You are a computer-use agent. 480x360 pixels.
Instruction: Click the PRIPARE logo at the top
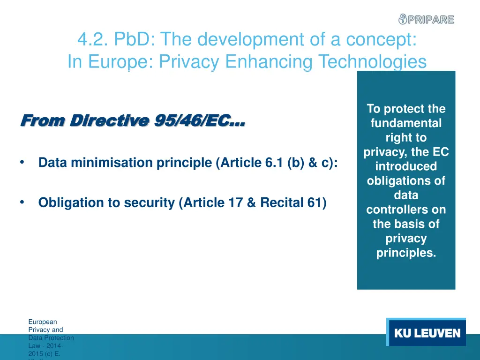pyautogui.click(x=426, y=19)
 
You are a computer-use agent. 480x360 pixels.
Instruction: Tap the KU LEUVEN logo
pyautogui.click(x=427, y=333)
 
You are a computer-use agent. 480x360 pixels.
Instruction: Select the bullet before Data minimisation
pyautogui.click(x=22, y=163)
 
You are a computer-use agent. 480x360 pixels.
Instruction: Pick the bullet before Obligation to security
pyautogui.click(x=22, y=202)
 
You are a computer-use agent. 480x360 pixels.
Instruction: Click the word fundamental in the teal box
pyautogui.click(x=406, y=124)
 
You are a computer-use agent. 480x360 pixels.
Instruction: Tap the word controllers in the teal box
pyautogui.click(x=406, y=210)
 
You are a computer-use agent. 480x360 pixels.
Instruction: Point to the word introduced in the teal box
pyautogui.click(x=406, y=166)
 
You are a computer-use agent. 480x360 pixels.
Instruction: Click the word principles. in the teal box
pyautogui.click(x=406, y=253)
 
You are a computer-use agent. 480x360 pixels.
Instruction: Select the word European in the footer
pyautogui.click(x=43, y=322)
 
